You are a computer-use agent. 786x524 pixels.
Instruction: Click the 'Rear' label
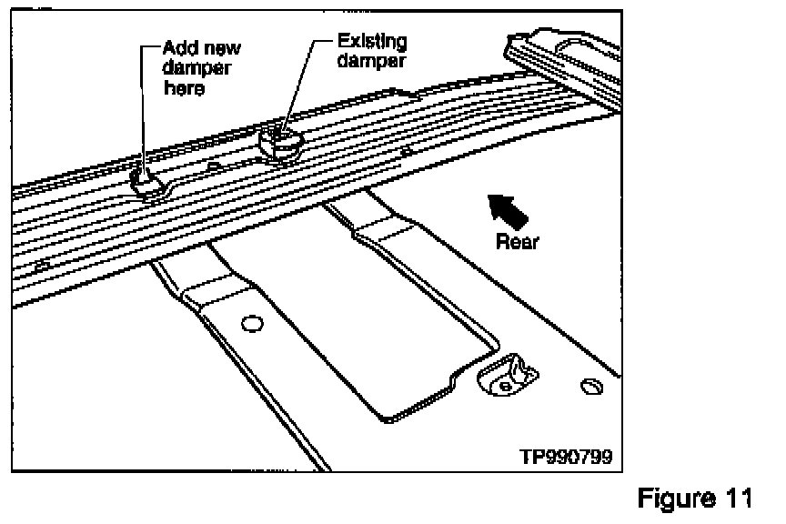(x=518, y=243)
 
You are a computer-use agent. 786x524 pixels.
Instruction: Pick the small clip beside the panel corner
(x=506, y=373)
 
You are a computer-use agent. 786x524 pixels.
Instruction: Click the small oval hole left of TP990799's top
(x=589, y=388)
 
